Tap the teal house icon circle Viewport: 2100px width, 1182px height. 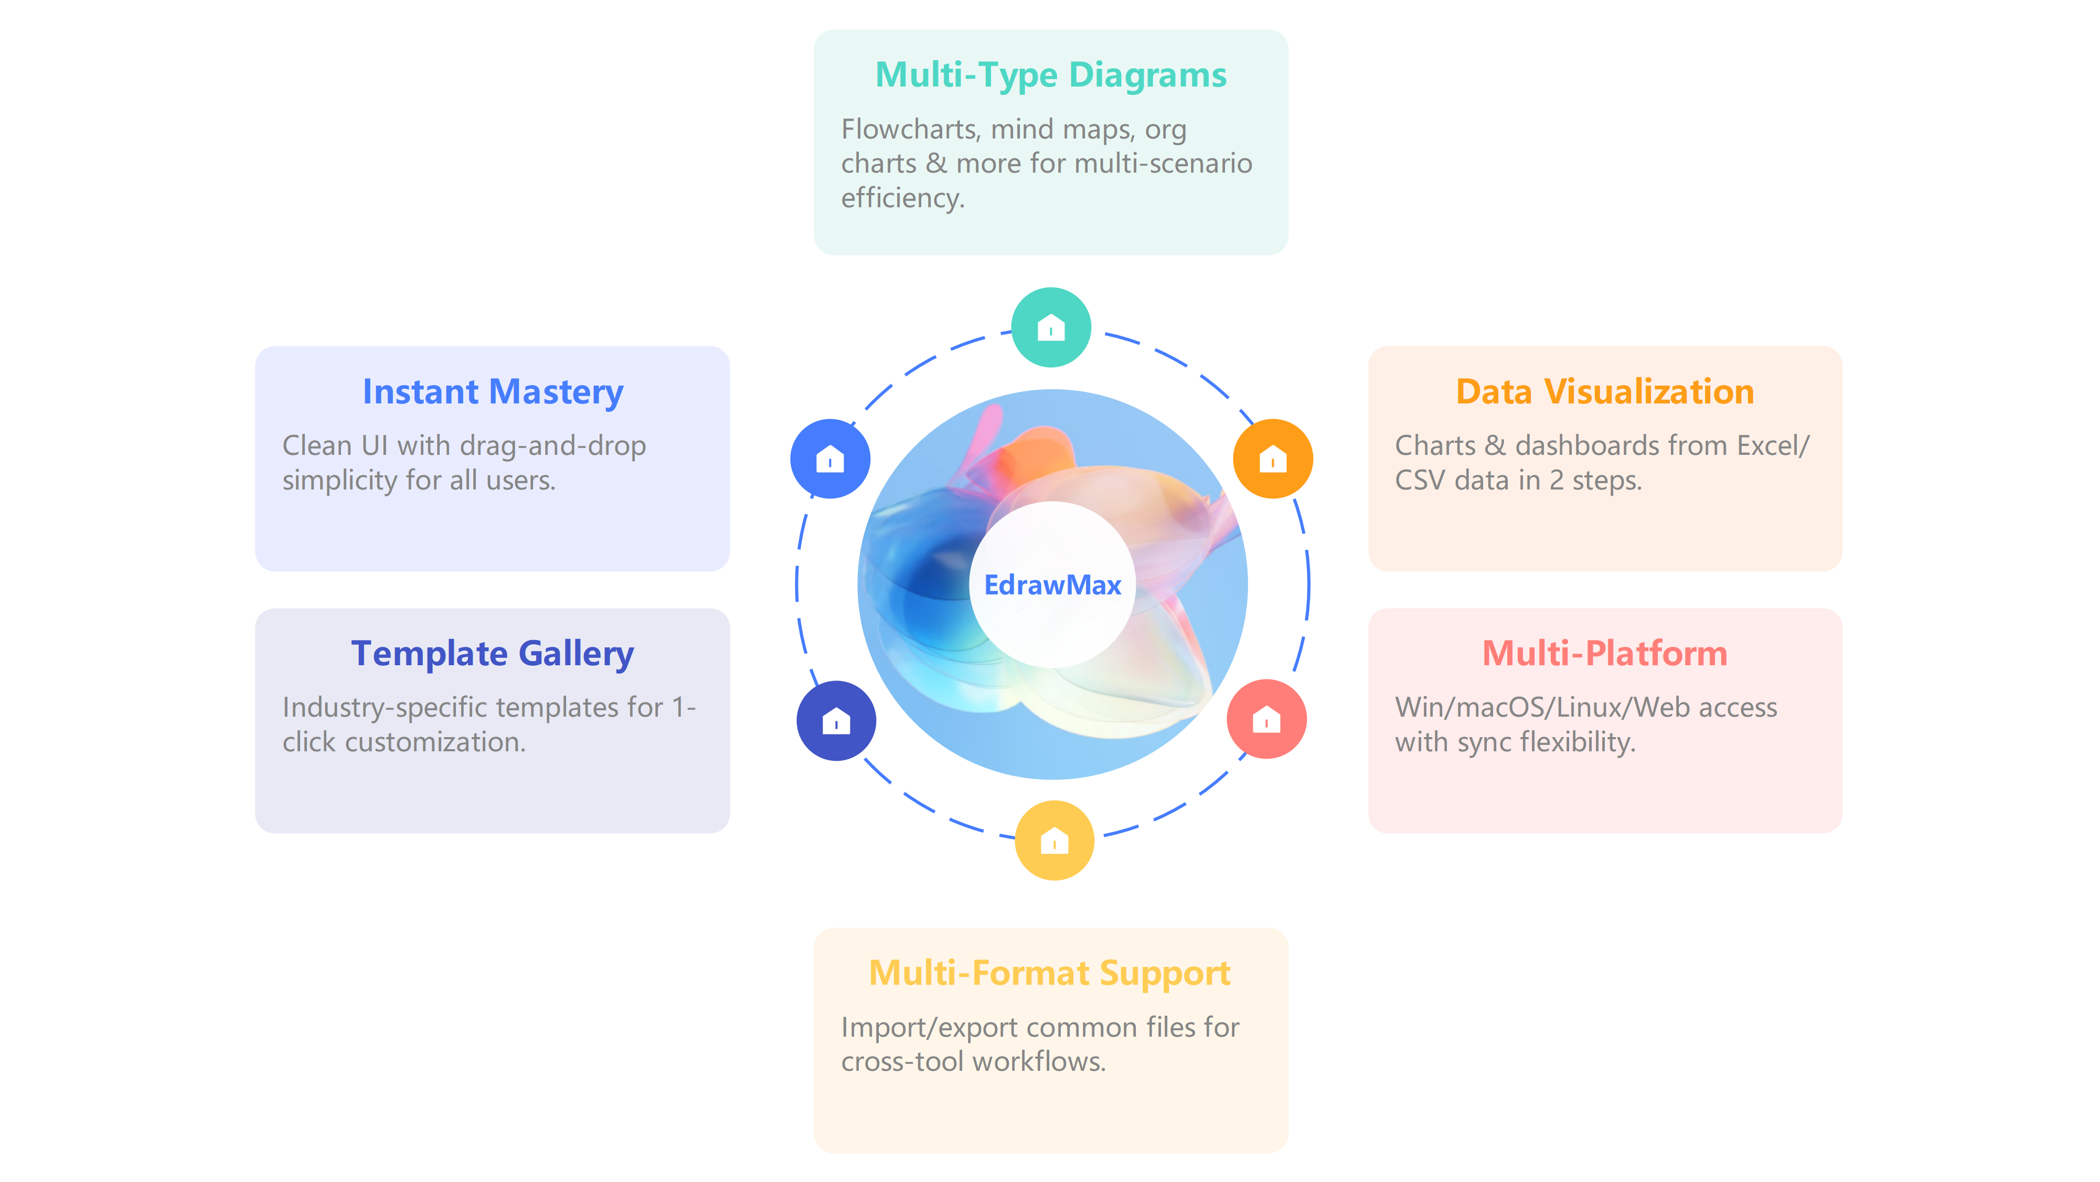(x=1051, y=327)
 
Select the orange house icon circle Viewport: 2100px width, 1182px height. (x=1273, y=459)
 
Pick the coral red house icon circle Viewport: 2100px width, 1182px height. (x=1266, y=719)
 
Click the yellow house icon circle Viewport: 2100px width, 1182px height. (x=1054, y=839)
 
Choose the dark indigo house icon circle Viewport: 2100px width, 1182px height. (x=836, y=721)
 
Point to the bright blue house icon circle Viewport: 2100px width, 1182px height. (x=830, y=459)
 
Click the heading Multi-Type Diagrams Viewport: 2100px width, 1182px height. (x=1051, y=75)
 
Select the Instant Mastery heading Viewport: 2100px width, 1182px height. (x=493, y=392)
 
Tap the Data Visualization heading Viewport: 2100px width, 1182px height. (x=1604, y=392)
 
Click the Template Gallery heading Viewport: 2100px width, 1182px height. (x=493, y=654)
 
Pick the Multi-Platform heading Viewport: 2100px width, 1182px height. (x=1604, y=654)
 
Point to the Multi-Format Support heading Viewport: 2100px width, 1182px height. (x=1050, y=973)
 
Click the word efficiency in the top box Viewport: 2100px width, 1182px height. (x=902, y=198)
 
